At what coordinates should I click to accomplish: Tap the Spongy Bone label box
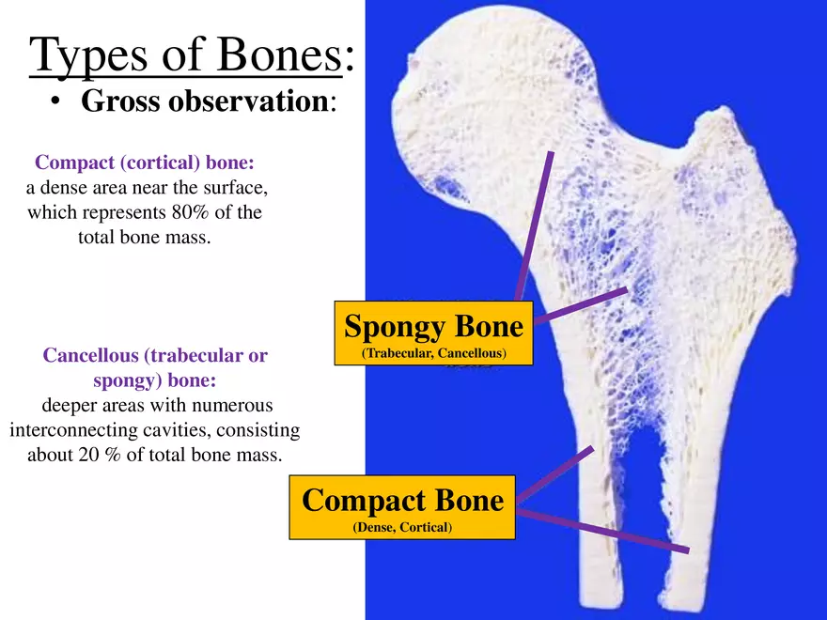point(433,327)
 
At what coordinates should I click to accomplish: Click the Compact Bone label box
point(402,500)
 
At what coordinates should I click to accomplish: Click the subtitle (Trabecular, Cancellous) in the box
point(433,353)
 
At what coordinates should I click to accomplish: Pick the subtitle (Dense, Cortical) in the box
point(402,528)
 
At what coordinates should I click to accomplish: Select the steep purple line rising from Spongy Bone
point(534,225)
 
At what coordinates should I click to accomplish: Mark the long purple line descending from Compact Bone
point(601,531)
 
